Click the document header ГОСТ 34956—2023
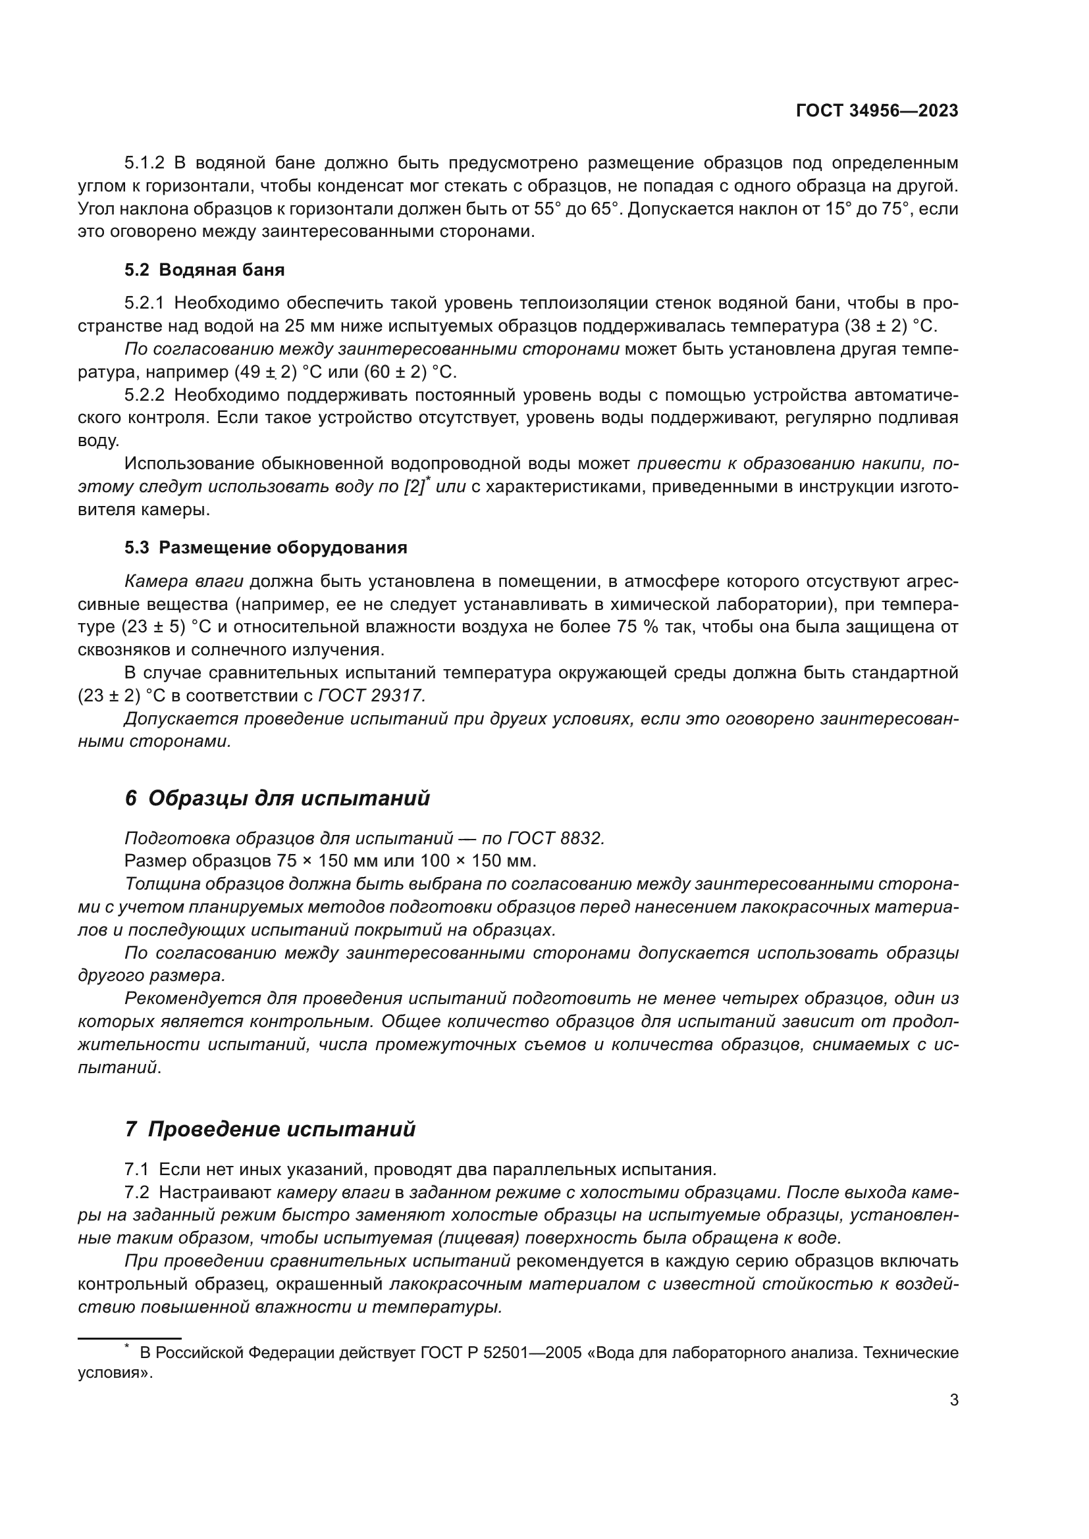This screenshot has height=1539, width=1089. click(876, 111)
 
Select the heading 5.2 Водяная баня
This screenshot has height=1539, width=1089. click(205, 270)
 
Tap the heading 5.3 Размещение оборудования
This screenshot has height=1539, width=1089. click(265, 547)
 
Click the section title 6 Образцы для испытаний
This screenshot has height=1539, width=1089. click(277, 798)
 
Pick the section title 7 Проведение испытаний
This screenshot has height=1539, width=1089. click(270, 1130)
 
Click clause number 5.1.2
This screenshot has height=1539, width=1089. click(144, 163)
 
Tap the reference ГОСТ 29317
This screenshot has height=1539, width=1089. click(371, 695)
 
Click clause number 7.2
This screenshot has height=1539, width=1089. click(137, 1192)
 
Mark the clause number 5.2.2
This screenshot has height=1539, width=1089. click(144, 395)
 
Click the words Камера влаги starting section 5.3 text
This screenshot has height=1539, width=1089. click(184, 581)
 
